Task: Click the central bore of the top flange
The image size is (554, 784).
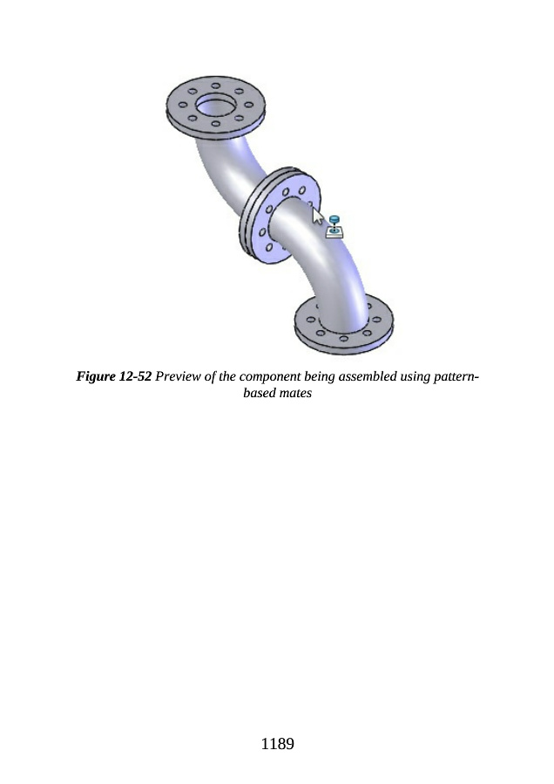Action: [215, 106]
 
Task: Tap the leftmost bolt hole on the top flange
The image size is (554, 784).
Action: [183, 105]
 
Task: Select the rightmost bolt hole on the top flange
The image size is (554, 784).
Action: [249, 105]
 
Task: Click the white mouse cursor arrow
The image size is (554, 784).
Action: [317, 216]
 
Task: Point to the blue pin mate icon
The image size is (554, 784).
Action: [334, 226]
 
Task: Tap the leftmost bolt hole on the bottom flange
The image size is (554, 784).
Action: [310, 320]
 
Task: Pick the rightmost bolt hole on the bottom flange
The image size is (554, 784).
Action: [376, 320]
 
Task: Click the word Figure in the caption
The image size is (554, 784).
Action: [96, 376]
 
